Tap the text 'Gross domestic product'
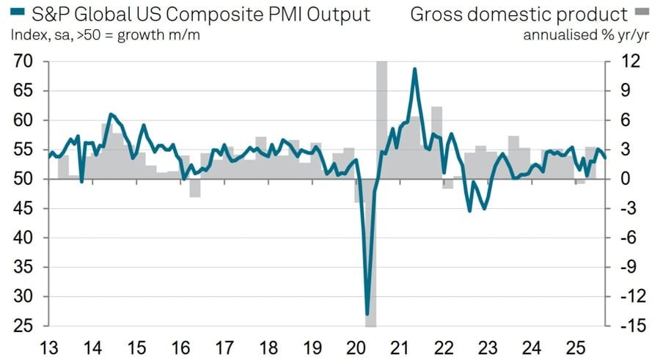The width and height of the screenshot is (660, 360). click(x=518, y=15)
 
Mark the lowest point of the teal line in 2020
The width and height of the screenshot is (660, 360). click(x=367, y=315)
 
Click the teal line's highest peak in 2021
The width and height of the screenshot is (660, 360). click(x=415, y=69)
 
